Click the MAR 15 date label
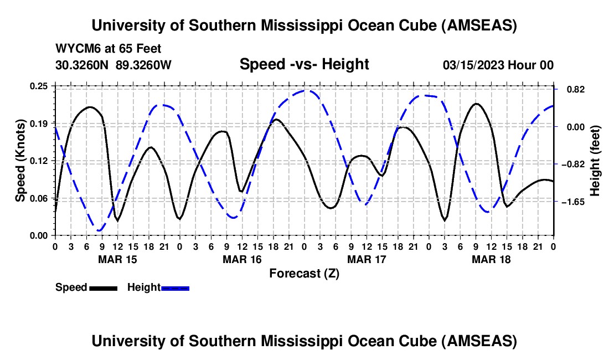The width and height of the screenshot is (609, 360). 117,259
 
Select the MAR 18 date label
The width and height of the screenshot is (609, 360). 491,259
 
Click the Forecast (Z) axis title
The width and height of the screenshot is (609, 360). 304,274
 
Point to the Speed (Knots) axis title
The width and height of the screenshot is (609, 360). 20,161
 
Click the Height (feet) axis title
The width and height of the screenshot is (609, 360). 595,161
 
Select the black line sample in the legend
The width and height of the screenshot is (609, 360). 103,288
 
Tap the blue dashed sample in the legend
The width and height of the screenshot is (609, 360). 176,288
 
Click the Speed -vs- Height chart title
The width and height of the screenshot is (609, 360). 304,64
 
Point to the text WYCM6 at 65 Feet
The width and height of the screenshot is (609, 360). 109,49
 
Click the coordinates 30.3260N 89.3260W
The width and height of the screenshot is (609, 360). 113,65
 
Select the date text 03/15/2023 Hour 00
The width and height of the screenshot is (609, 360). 498,65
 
